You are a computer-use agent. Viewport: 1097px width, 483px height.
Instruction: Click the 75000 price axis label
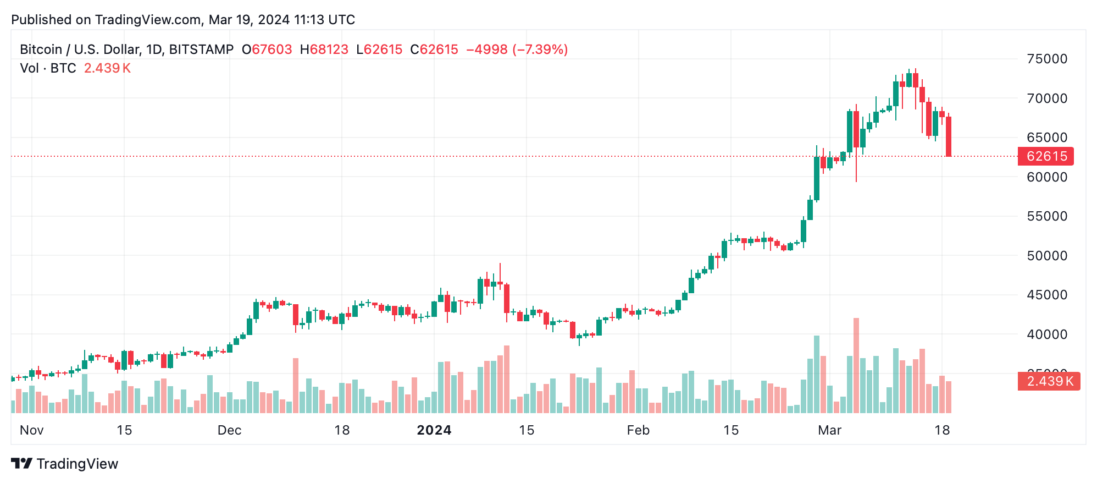point(1046,59)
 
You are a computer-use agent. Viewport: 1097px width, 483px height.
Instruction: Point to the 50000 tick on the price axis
point(1046,256)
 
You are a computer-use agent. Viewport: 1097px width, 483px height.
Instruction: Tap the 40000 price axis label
point(1046,334)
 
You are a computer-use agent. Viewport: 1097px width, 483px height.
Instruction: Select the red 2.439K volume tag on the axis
point(1049,381)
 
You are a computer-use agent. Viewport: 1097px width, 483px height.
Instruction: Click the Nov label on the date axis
point(31,430)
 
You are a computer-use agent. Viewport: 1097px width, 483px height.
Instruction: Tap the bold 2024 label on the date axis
point(434,430)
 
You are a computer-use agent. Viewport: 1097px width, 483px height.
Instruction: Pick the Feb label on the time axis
point(638,430)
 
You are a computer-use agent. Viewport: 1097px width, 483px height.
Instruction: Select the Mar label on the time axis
point(829,430)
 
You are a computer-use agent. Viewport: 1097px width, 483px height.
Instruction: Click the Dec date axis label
point(229,430)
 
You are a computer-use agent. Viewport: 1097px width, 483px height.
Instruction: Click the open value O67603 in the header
point(267,50)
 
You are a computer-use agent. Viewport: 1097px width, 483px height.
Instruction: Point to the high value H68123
point(324,50)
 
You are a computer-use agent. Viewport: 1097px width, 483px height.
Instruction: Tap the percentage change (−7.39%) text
point(540,50)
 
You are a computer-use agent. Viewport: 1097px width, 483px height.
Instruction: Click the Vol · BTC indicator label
point(48,68)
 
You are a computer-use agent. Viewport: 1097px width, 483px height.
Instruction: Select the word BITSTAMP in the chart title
point(201,50)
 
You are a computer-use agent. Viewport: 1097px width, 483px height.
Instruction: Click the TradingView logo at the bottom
point(65,464)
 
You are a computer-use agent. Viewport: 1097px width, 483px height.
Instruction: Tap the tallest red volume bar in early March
point(856,366)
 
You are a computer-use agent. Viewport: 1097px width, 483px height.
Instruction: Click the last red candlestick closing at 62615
point(949,136)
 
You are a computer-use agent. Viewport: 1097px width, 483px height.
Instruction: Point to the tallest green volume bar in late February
point(817,374)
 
